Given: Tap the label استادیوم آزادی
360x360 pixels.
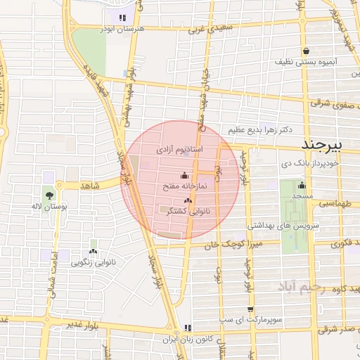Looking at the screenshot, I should (179, 150).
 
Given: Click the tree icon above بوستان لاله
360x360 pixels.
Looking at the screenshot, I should (49, 195).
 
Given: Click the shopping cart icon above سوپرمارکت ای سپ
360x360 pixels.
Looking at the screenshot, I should (251, 309).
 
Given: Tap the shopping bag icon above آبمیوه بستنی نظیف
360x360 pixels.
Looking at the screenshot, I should (307, 51).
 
